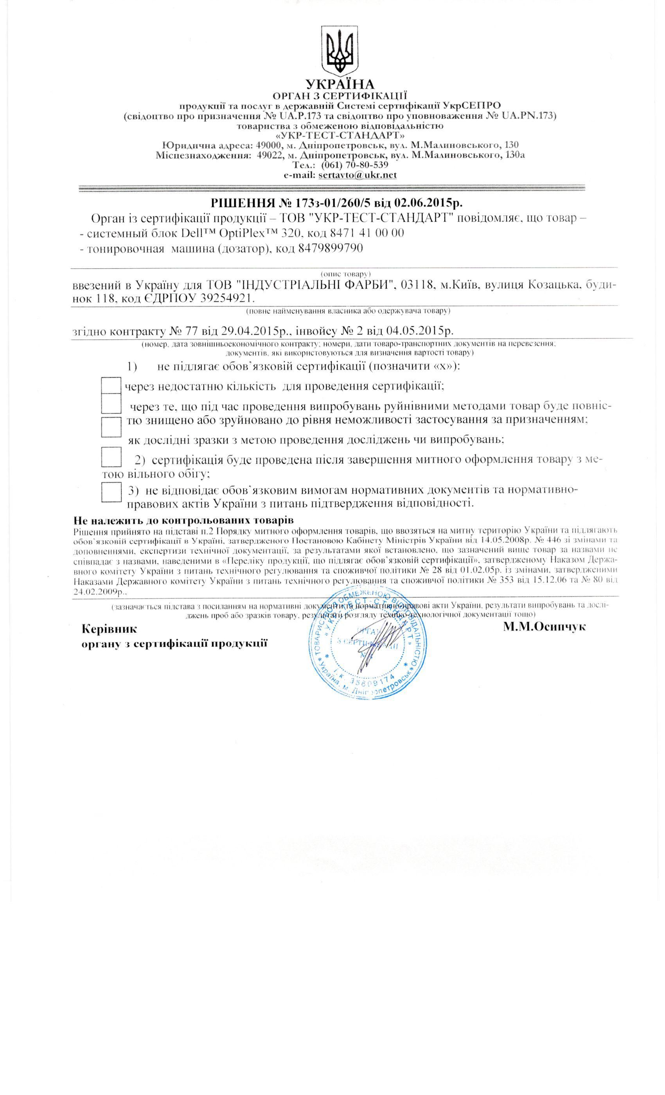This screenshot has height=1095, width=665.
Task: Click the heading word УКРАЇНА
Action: pos(340,84)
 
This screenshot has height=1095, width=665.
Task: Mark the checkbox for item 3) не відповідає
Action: pos(111,491)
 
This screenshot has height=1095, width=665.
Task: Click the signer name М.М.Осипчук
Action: pos(545,626)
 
